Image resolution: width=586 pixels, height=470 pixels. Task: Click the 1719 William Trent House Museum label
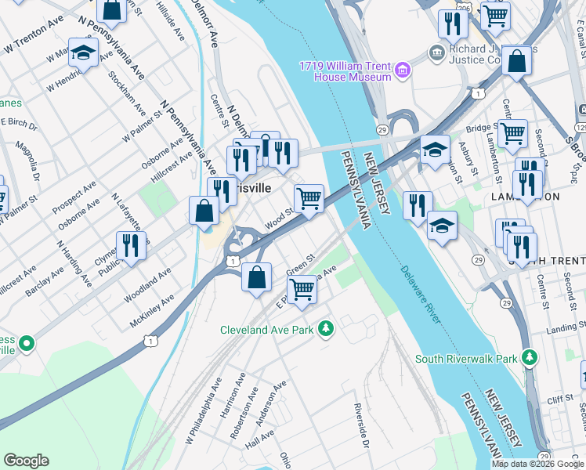click(x=345, y=71)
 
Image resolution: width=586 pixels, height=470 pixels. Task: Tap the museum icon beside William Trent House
click(x=403, y=71)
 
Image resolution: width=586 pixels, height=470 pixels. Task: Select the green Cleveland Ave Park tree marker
click(x=326, y=330)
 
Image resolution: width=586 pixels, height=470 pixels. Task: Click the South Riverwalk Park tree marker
click(x=530, y=359)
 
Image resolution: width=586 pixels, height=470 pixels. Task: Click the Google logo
click(x=27, y=461)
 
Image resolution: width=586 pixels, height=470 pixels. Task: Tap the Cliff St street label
click(x=561, y=399)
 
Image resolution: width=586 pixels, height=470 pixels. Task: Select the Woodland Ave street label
click(x=147, y=287)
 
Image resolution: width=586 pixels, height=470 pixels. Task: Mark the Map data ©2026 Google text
click(x=537, y=464)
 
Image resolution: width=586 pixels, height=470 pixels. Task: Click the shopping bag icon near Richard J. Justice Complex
click(x=517, y=62)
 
